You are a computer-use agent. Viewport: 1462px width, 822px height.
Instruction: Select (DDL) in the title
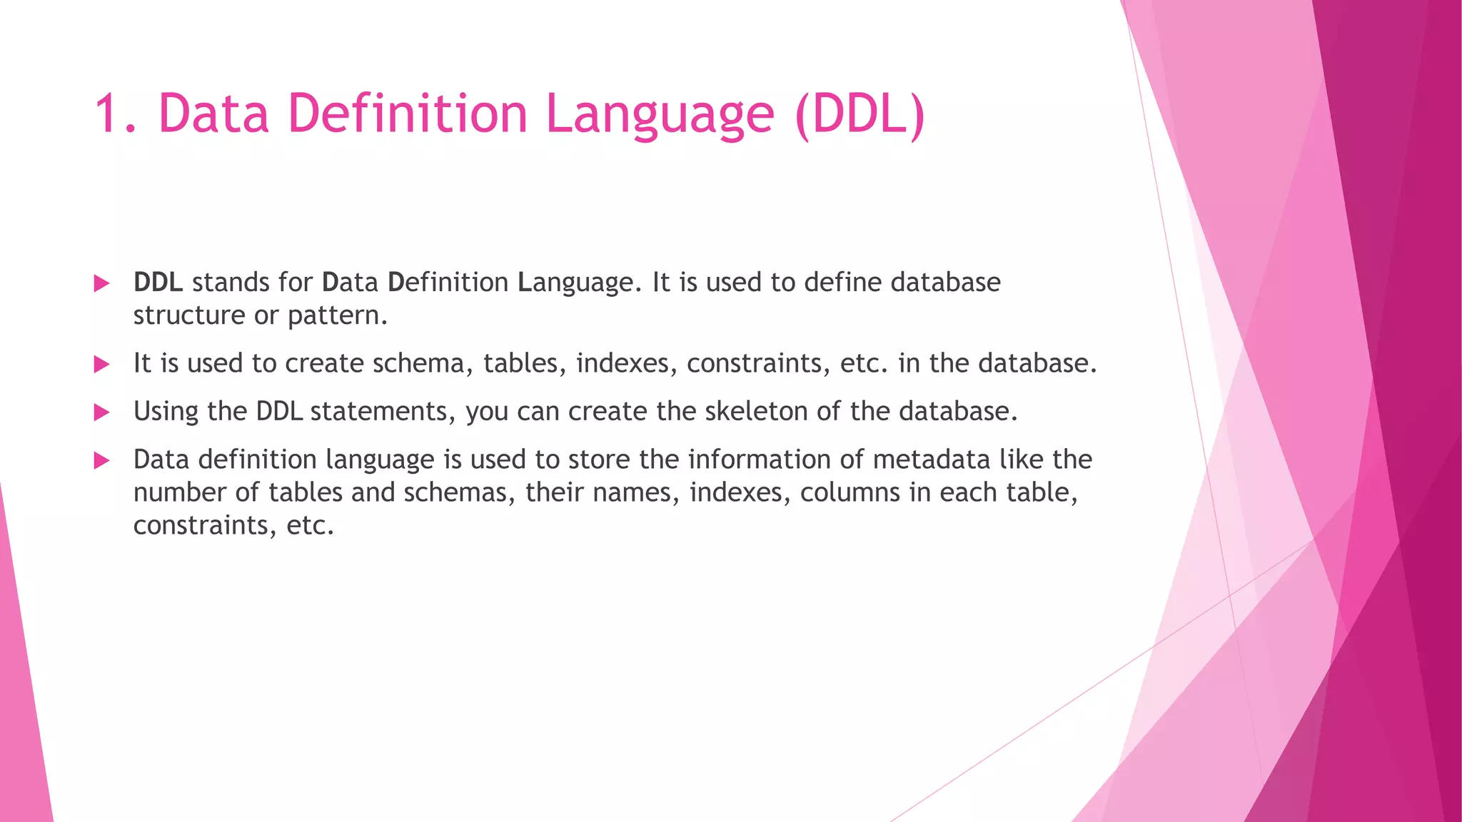[x=859, y=114]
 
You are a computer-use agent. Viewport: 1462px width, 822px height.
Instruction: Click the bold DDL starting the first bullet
[x=158, y=283]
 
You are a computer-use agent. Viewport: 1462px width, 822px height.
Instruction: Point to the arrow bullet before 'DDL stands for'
[x=101, y=284]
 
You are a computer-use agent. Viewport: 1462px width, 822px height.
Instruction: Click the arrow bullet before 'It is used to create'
[x=101, y=365]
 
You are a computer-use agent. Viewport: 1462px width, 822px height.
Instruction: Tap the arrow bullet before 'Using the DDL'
[x=101, y=412]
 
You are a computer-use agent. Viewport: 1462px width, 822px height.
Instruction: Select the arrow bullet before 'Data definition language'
[x=101, y=461]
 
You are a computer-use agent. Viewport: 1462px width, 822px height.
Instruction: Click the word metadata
[x=932, y=460]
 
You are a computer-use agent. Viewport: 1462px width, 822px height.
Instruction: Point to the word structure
[x=189, y=315]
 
